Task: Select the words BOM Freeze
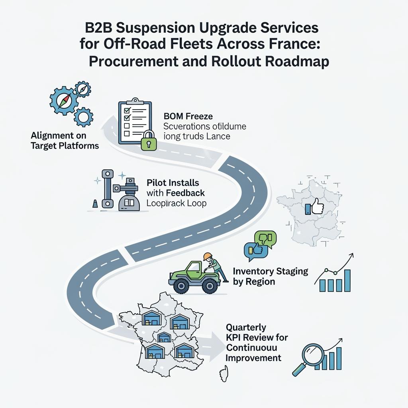[x=188, y=116]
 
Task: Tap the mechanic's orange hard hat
[x=207, y=256]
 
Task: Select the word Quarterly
[x=246, y=327]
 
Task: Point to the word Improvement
[x=253, y=357]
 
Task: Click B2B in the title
[x=100, y=29]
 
